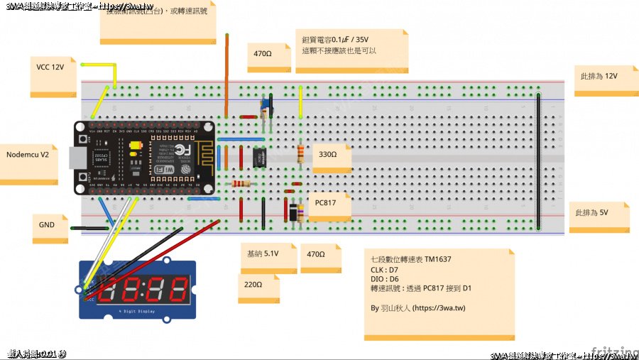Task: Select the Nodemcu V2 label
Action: pos(28,155)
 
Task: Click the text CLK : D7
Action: pos(384,271)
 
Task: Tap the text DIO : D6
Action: pos(384,280)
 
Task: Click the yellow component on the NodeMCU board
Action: pos(135,147)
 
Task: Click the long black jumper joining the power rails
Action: pos(539,160)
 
